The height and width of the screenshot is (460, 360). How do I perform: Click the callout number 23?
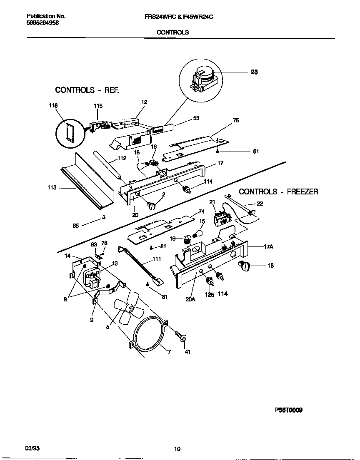(254, 72)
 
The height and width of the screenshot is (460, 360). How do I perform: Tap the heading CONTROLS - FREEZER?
(278, 192)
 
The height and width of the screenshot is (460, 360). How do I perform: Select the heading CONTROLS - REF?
(87, 90)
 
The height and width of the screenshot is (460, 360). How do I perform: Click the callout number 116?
(53, 106)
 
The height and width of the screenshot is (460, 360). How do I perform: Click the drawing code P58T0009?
(288, 410)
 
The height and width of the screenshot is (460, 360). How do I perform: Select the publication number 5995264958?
(43, 23)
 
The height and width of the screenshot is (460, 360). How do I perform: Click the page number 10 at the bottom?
(177, 449)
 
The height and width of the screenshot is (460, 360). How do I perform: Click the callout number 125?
(210, 294)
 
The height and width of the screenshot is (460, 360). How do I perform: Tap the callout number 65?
(75, 225)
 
